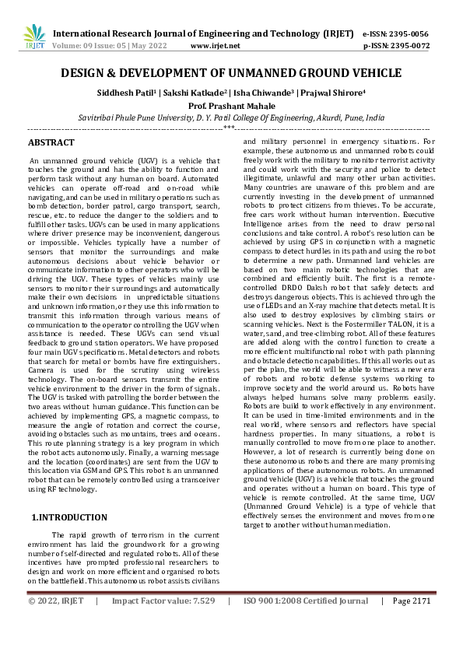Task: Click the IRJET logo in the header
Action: (x=34, y=37)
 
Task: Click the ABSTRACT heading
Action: (x=51, y=143)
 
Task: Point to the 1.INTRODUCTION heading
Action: (x=69, y=517)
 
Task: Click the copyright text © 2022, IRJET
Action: (x=54, y=601)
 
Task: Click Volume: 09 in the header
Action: (x=69, y=46)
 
